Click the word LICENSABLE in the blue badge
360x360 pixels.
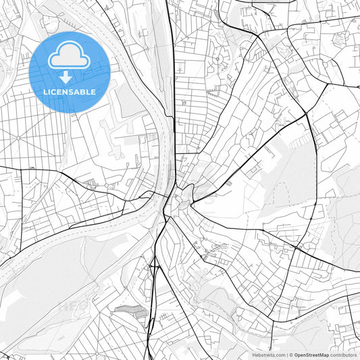pos(70,92)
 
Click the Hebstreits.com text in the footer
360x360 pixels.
pos(269,354)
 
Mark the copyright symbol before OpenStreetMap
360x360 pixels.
pos(291,354)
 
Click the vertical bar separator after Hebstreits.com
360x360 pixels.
pos(286,354)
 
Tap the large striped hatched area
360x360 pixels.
pos(130,311)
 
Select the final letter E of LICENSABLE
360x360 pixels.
pos(93,92)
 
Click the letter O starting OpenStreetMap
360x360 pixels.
pos(297,354)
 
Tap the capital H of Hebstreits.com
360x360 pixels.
pos(254,354)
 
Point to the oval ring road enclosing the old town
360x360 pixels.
pos(177,190)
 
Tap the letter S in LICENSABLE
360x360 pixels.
pos(73,92)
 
